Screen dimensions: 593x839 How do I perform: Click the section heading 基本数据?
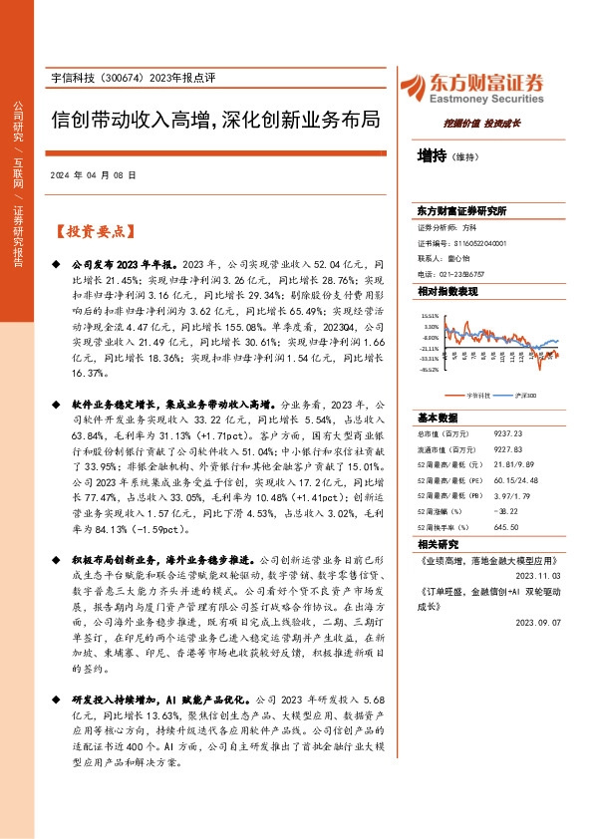pos(438,418)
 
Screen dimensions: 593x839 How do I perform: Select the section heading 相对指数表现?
pos(447,291)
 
